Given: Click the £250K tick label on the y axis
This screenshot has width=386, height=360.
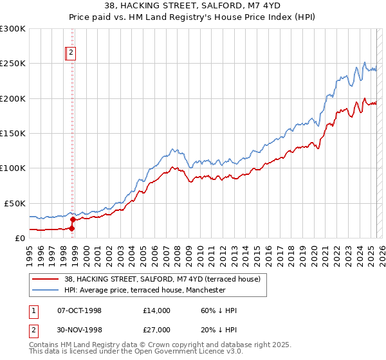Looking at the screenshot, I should coord(13,64).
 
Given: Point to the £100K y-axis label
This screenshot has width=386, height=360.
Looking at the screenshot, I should coord(13,168).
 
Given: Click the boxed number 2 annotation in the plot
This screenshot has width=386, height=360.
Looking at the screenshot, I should coord(71,54).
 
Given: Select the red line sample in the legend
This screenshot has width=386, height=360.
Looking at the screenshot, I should coord(45,279).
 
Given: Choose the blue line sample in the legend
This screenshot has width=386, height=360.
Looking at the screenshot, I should coord(45,290).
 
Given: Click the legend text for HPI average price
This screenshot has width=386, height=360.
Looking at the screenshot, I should coord(145,290).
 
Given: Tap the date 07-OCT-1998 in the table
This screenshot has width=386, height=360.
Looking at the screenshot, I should coord(79,310).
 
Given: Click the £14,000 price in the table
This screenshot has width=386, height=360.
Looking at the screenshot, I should coord(156,310).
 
